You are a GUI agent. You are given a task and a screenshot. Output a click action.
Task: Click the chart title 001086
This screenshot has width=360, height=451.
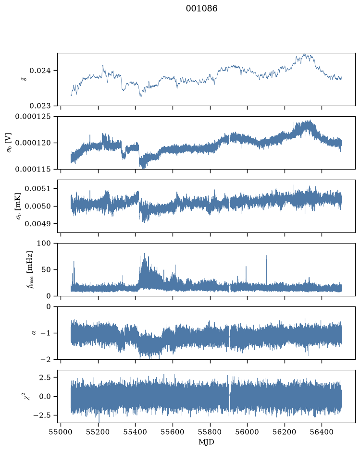201,8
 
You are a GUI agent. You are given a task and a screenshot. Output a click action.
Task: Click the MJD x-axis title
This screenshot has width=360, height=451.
206,442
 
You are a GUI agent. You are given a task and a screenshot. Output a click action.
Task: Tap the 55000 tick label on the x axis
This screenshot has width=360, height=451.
61,432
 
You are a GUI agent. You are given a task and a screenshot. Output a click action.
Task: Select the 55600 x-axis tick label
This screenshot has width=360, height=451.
173,432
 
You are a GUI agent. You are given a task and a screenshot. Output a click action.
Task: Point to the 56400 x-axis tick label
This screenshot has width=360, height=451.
322,432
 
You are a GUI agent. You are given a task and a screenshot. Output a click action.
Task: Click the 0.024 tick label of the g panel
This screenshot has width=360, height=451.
40,71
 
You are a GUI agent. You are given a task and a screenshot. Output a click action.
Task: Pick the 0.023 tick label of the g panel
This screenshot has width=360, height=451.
40,106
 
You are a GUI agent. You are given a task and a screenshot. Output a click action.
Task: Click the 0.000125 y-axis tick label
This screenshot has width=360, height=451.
33,117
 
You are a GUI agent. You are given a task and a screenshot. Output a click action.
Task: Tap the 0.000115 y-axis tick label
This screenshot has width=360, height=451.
33,169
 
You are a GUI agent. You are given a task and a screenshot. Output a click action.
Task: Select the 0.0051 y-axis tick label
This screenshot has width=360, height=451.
37,189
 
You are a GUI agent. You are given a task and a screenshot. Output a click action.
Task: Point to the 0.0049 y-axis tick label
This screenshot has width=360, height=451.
37,224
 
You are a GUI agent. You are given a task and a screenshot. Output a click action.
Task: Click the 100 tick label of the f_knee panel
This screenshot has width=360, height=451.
44,244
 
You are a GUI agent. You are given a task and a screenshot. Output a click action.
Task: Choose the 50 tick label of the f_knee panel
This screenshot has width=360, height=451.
46,269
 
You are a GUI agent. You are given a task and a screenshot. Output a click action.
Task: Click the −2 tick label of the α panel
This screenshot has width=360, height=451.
46,360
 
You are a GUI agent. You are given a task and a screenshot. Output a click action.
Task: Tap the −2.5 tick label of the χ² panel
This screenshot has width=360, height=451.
42,415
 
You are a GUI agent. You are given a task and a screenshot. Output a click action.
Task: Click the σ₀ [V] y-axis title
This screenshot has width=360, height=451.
9,143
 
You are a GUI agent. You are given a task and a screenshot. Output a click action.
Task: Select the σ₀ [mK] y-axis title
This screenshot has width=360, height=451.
19,206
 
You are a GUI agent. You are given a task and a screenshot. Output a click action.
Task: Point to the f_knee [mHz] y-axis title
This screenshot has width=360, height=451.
30,269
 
